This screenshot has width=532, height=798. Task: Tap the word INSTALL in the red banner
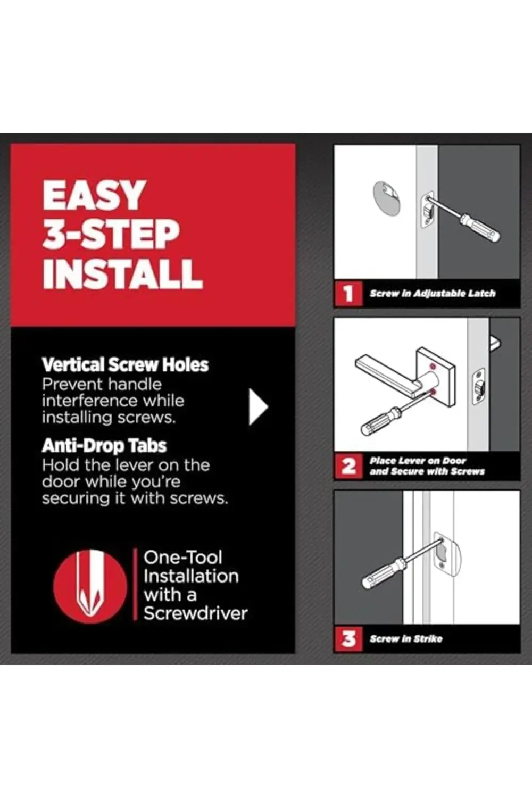pyautogui.click(x=122, y=273)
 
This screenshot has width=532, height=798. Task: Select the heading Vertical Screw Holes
pyautogui.click(x=125, y=365)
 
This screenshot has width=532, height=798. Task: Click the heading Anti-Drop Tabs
pyautogui.click(x=104, y=446)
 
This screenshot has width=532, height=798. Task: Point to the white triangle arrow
pyautogui.click(x=257, y=407)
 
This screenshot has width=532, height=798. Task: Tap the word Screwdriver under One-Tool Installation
pyautogui.click(x=195, y=613)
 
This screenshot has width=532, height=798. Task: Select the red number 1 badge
pyautogui.click(x=348, y=294)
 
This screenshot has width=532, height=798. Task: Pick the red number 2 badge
pyautogui.click(x=348, y=467)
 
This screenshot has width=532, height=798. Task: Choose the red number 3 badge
pyautogui.click(x=348, y=639)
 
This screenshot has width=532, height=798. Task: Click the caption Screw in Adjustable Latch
pyautogui.click(x=433, y=294)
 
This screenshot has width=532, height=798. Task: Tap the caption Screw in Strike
pyautogui.click(x=406, y=639)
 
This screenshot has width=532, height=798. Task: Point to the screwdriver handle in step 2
pyautogui.click(x=378, y=422)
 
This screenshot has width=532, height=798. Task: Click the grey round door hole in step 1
pyautogui.click(x=386, y=198)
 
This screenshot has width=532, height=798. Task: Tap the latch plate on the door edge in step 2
pyautogui.click(x=479, y=386)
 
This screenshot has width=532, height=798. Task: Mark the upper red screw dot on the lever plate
pyautogui.click(x=433, y=366)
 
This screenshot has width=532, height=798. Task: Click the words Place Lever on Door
pyautogui.click(x=418, y=461)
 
